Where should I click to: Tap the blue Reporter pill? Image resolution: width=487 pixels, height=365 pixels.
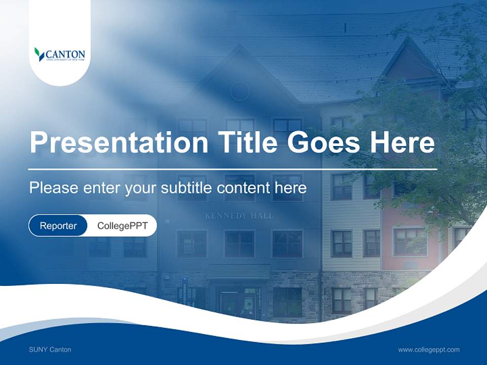tap(58, 226)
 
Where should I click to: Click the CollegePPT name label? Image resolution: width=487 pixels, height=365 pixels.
tap(122, 226)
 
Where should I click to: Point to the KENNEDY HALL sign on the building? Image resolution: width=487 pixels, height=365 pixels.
tap(239, 216)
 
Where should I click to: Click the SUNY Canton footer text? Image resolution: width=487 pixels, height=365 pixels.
tap(50, 349)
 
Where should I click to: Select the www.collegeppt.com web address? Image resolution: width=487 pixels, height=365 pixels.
tap(429, 349)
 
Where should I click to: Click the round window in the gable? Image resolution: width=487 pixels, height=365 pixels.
tap(239, 92)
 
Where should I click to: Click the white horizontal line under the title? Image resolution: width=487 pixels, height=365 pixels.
tap(232, 169)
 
